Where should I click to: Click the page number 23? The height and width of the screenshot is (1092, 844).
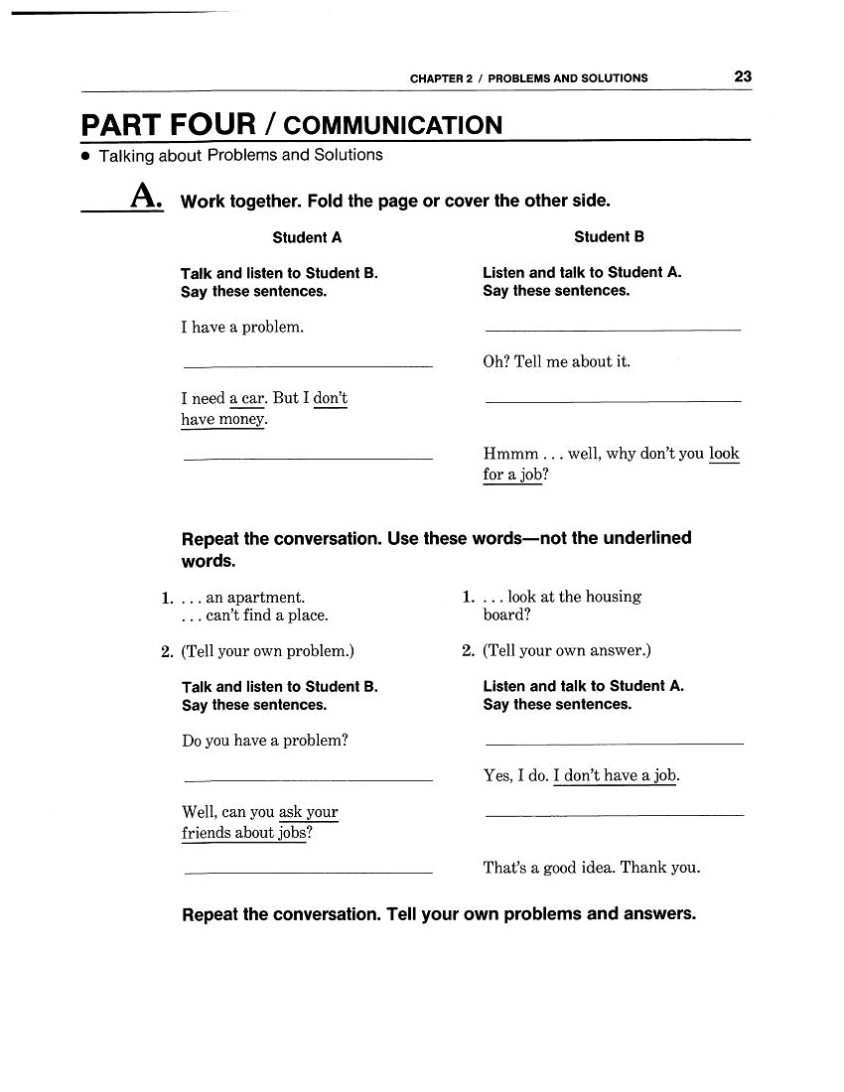(x=743, y=76)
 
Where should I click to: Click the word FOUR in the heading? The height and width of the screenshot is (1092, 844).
(x=211, y=125)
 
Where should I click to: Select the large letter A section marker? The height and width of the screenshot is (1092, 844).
(x=146, y=198)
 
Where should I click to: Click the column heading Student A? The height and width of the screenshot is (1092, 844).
(x=307, y=238)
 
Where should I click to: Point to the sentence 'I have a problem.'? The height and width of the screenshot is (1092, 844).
(x=242, y=328)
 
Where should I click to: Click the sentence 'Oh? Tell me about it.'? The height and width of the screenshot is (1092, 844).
(x=556, y=362)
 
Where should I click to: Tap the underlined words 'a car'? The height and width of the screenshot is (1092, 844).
(x=247, y=399)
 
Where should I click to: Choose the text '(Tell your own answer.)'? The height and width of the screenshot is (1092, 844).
(x=567, y=651)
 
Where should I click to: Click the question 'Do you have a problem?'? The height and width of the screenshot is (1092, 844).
(x=265, y=741)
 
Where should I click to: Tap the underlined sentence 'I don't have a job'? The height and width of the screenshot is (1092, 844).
(x=615, y=776)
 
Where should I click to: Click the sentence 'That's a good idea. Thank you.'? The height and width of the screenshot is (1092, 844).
(x=591, y=868)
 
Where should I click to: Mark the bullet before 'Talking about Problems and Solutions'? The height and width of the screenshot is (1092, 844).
(x=86, y=157)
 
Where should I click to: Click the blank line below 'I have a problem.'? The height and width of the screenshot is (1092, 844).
(x=308, y=367)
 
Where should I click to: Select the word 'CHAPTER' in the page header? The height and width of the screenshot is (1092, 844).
(x=435, y=78)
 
